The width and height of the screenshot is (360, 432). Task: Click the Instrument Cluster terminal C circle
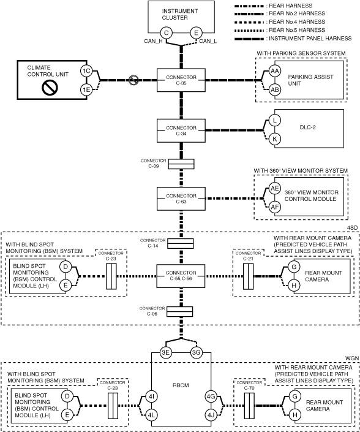(x=167, y=33)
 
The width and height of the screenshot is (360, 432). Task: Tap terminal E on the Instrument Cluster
(x=196, y=33)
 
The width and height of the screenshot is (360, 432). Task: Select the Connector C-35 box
(x=181, y=80)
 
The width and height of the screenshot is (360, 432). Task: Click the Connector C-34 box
(x=181, y=131)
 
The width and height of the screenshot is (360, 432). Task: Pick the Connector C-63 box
(x=181, y=199)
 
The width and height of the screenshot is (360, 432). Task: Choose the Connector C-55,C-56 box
(x=181, y=276)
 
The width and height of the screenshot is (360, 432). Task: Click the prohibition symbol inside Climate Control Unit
(x=50, y=88)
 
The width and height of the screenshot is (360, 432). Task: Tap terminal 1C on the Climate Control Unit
(x=86, y=71)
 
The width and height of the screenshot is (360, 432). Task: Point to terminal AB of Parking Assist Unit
(x=274, y=89)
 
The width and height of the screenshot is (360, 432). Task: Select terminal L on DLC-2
(x=274, y=120)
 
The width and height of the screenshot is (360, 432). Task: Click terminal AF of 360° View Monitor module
(x=274, y=207)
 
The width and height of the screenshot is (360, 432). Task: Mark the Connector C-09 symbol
(x=181, y=164)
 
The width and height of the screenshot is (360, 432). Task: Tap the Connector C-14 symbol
(x=181, y=243)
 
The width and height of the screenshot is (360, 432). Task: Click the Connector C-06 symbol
(x=180, y=312)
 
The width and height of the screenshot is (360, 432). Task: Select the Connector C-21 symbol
(x=248, y=276)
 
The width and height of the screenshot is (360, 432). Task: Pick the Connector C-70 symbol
(x=249, y=406)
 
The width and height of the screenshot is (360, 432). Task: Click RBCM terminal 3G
(x=197, y=353)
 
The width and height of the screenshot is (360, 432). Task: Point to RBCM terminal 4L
(x=151, y=415)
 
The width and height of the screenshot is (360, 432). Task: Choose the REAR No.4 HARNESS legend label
(x=297, y=22)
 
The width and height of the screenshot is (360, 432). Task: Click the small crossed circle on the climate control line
(x=133, y=80)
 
